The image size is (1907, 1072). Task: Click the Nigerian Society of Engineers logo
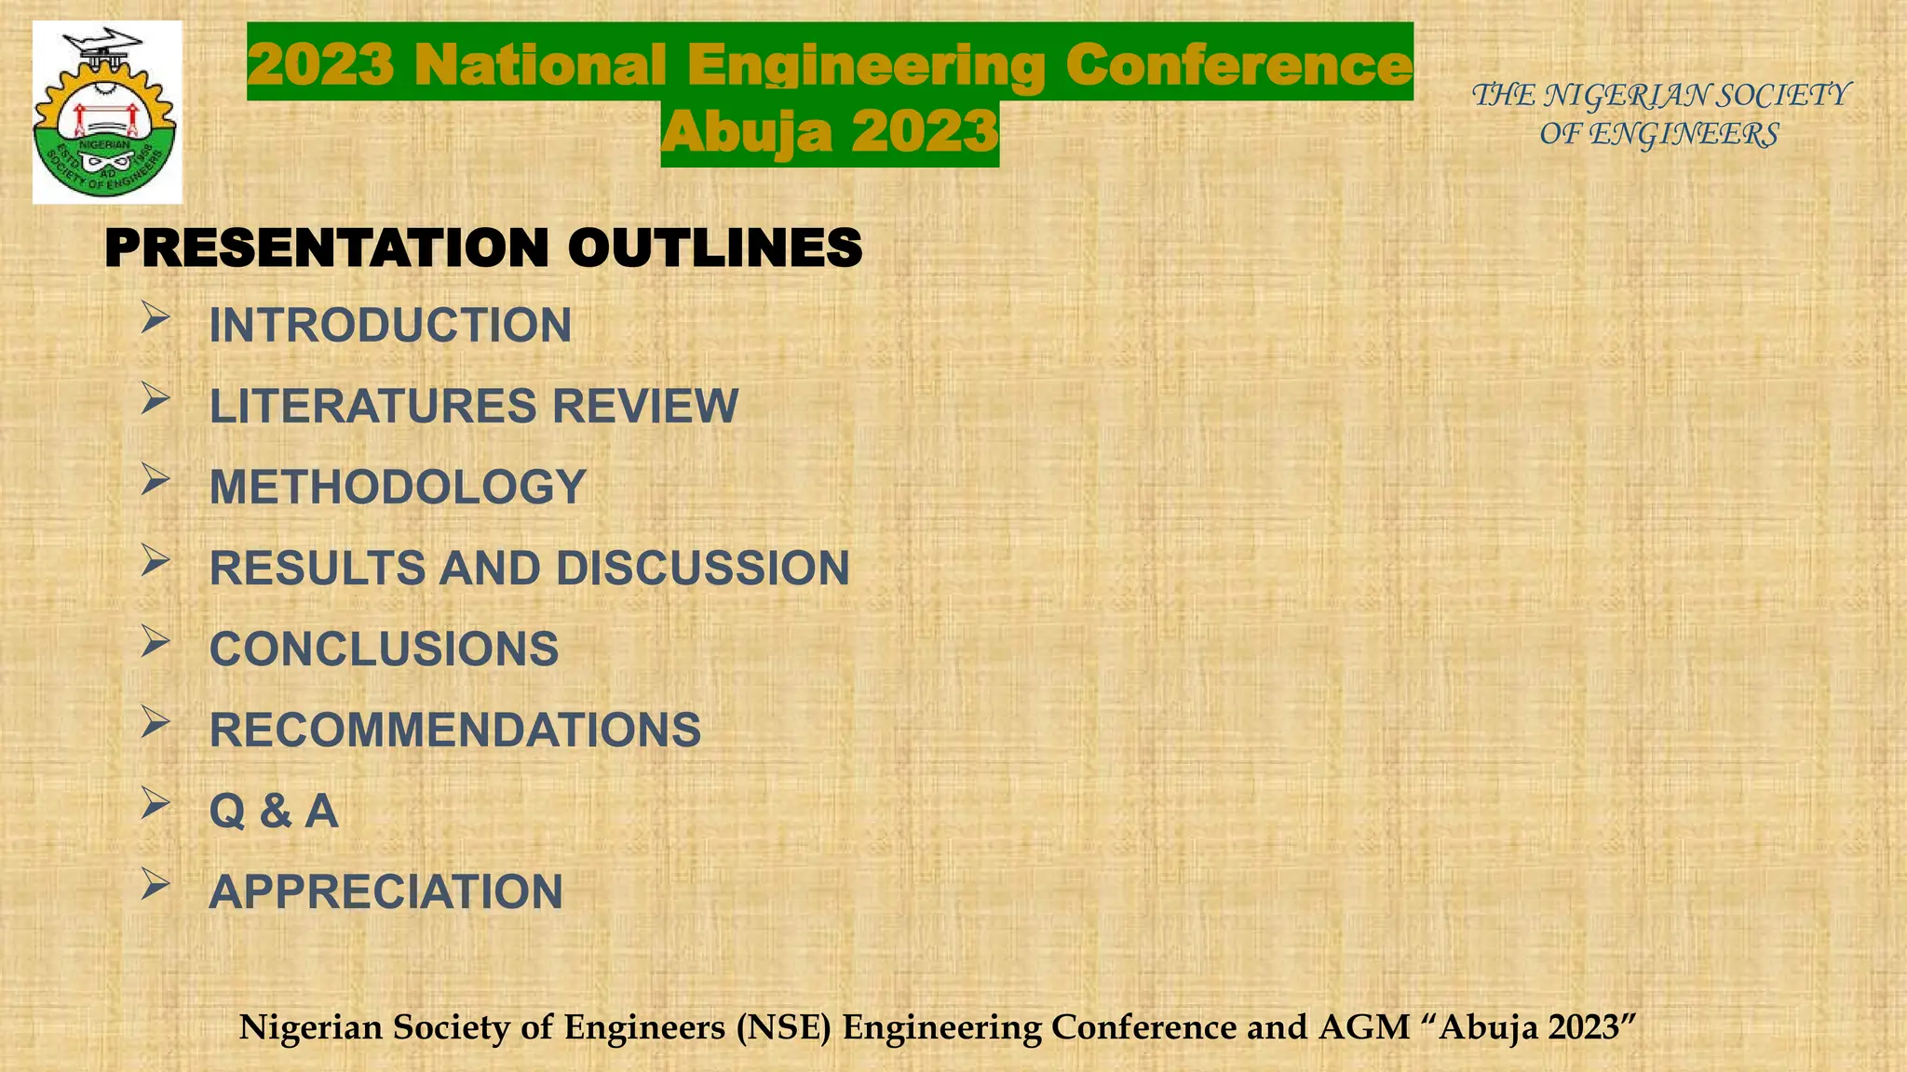pyautogui.click(x=106, y=113)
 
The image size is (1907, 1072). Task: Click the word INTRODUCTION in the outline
pyautogui.click(x=390, y=326)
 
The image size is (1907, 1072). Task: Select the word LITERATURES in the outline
pyautogui.click(x=373, y=407)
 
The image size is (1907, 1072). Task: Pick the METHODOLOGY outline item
pyautogui.click(x=398, y=488)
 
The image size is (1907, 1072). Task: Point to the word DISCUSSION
pyautogui.click(x=703, y=569)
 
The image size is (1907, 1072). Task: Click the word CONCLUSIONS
pyautogui.click(x=384, y=650)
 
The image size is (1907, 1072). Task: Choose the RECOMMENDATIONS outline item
pyautogui.click(x=455, y=730)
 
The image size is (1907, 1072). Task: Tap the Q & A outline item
pyautogui.click(x=274, y=811)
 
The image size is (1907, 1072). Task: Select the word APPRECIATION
pyautogui.click(x=385, y=892)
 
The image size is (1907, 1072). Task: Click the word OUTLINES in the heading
pyautogui.click(x=714, y=248)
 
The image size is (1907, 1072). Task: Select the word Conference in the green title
pyautogui.click(x=1238, y=65)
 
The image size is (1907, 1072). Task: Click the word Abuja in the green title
pyautogui.click(x=746, y=132)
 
